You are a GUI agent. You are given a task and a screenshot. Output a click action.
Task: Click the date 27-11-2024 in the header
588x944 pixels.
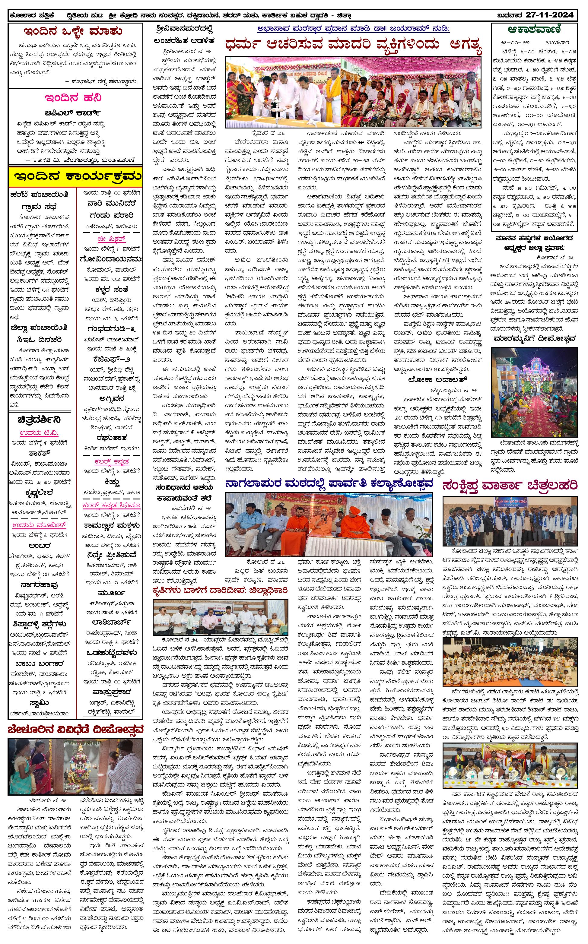549,15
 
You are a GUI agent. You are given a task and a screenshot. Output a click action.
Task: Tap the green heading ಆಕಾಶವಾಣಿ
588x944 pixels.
534,30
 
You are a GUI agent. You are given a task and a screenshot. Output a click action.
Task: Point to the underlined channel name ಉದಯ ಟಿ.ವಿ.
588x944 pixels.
39,433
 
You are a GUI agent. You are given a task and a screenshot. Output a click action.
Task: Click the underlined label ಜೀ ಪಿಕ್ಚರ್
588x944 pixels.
111,239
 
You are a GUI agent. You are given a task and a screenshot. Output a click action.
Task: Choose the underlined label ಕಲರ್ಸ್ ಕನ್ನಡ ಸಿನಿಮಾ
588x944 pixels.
111,505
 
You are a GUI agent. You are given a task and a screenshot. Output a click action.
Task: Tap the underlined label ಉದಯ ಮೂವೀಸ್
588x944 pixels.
39,525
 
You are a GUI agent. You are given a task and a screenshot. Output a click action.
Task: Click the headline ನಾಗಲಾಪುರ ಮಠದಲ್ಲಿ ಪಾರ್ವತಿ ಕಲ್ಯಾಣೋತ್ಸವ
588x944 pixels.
329,483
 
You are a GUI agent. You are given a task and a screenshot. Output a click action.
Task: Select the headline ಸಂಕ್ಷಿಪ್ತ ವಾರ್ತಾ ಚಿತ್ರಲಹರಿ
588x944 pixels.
510,485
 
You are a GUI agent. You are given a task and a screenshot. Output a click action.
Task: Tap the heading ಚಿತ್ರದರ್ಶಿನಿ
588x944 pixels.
39,420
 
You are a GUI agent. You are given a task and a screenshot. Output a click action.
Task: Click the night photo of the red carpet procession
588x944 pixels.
534,392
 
